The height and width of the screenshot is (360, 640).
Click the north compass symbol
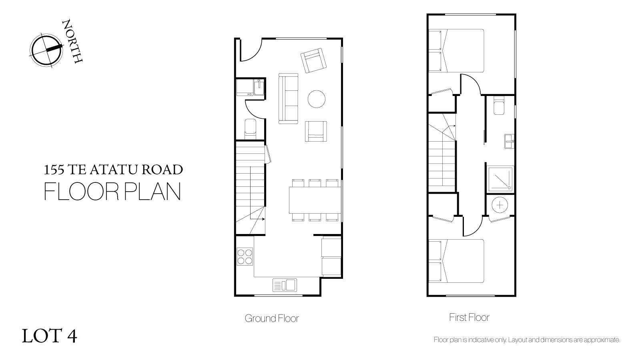(46, 50)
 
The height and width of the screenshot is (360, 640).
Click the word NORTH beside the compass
(72, 41)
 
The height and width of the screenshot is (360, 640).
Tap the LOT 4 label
(49, 336)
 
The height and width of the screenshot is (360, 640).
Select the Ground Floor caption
(272, 318)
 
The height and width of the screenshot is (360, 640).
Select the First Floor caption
(469, 317)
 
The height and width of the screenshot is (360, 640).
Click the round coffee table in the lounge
(316, 99)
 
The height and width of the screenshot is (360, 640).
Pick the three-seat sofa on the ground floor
(288, 98)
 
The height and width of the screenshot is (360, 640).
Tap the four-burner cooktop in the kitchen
(245, 257)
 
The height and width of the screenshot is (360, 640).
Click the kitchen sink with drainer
(285, 285)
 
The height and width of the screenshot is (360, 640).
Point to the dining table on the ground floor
(315, 200)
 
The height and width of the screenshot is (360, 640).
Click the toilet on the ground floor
(250, 129)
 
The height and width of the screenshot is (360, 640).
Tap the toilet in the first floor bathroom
(499, 105)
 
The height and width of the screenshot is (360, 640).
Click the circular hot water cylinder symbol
(500, 205)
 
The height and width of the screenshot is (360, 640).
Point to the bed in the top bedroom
(456, 50)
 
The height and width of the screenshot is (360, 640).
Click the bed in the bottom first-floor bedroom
(456, 261)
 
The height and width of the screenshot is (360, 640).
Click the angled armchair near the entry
(313, 60)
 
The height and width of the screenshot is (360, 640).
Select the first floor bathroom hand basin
(509, 141)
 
